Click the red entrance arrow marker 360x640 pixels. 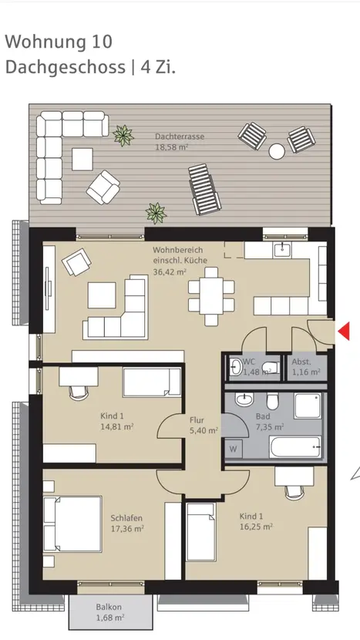tap(345, 331)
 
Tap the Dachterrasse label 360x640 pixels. tap(179, 136)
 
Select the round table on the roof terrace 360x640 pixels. tap(277, 151)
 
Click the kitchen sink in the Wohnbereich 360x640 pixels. tap(282, 249)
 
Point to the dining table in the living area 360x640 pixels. tap(211, 296)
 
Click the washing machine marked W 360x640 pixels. tap(233, 449)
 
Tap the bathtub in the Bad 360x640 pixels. tap(295, 446)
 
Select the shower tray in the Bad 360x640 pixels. tap(308, 406)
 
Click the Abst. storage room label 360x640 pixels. tap(301, 361)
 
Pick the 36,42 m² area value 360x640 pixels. tap(170, 272)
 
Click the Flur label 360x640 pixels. tap(197, 420)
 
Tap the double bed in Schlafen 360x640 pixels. tap(72, 524)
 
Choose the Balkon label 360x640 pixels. tap(109, 607)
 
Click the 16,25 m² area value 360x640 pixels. tap(256, 527)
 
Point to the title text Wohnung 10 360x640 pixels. tap(59, 42)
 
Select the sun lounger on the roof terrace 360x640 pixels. tap(204, 190)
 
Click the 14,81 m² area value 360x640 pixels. tap(117, 426)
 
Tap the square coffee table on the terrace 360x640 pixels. tap(82, 159)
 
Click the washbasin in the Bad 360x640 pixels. tap(244, 399)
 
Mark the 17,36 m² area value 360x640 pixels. tap(127, 528)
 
